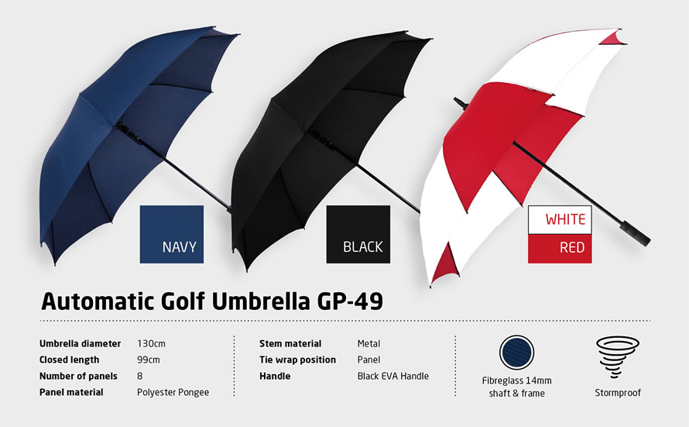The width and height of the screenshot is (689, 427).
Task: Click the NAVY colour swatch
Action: [171, 234]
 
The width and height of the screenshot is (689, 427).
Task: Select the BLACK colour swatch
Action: [358, 234]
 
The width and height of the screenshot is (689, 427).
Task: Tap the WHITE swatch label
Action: [560, 219]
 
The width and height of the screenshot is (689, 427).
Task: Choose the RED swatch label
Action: [560, 249]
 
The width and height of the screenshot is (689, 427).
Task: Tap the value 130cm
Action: [151, 343]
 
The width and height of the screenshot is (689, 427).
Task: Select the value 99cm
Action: [148, 360]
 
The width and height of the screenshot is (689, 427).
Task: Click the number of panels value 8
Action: [140, 376]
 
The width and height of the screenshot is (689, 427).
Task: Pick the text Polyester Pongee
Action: [173, 392]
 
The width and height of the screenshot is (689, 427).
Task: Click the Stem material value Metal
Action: [368, 343]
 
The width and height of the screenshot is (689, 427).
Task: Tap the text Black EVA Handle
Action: [392, 376]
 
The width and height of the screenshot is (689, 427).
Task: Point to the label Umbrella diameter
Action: [81, 343]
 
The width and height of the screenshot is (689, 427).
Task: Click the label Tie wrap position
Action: [297, 360]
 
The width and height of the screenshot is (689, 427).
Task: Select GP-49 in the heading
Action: [348, 301]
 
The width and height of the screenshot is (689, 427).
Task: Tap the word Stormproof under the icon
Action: [617, 393]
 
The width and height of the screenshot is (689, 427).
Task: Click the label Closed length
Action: [69, 360]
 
